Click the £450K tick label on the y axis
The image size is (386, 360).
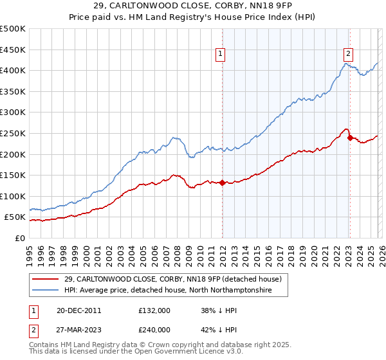[x=13, y=50]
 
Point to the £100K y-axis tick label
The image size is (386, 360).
[x=13, y=196]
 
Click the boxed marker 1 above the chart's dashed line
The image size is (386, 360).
[x=221, y=55]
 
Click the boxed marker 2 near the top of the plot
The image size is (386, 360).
[x=348, y=55]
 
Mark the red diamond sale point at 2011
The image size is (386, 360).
[x=222, y=183]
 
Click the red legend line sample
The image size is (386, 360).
[x=45, y=279]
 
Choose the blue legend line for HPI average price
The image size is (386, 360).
[x=45, y=291]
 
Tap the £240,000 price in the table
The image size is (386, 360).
[x=154, y=329]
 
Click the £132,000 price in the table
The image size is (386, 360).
[x=154, y=310]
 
